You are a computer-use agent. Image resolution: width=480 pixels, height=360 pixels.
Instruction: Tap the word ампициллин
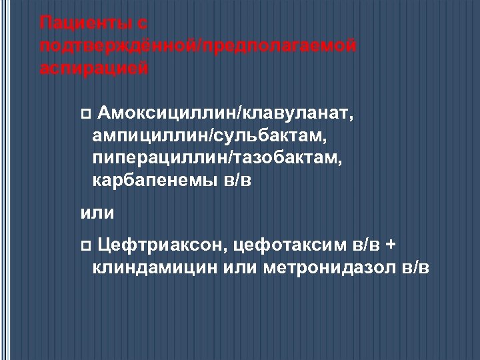coord(151,136)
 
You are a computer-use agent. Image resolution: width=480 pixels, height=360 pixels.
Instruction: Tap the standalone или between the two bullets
coord(97,213)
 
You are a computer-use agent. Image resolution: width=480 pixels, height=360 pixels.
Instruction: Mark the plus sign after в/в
coord(391,245)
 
